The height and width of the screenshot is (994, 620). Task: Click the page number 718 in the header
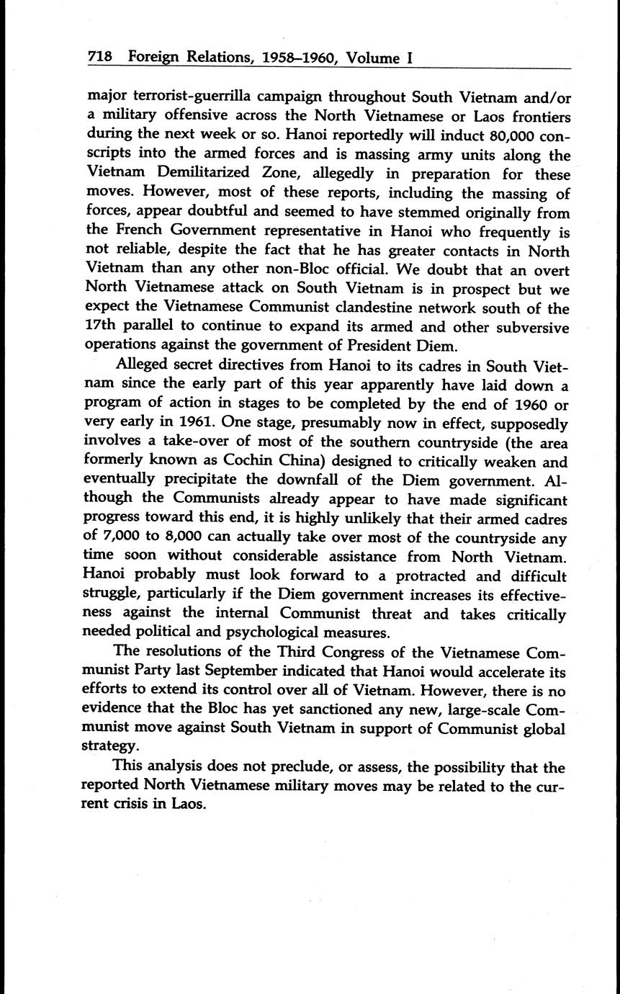click(102, 57)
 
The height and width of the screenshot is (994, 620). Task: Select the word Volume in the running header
click(373, 58)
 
